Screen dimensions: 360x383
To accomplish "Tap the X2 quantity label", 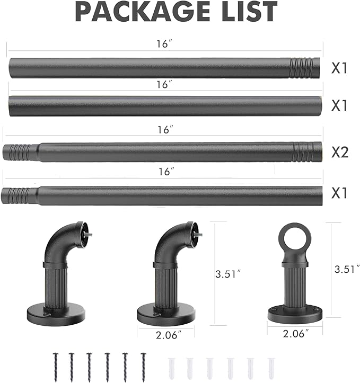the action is click(x=340, y=152).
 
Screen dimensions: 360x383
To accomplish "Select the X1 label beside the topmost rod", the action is click(x=339, y=68).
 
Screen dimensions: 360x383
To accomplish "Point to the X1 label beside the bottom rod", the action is click(x=339, y=193).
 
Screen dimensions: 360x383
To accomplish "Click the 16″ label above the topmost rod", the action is click(x=164, y=44).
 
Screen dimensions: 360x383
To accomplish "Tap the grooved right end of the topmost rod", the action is click(x=305, y=68).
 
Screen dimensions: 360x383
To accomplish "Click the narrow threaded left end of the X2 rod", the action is click(x=20, y=153).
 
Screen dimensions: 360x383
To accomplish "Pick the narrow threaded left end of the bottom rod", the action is click(x=19, y=195).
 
